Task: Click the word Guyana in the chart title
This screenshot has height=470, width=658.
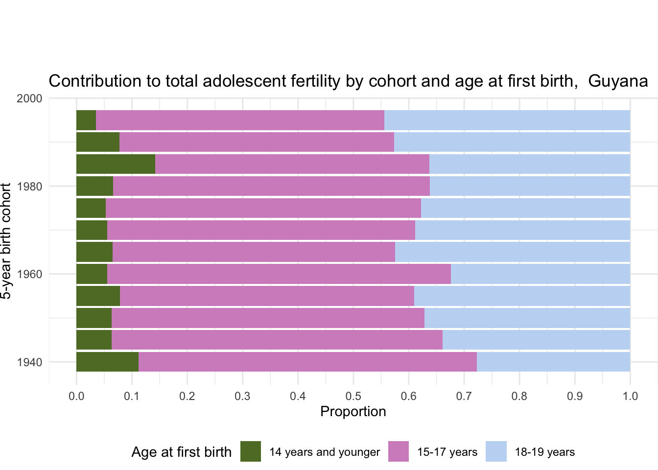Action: click(x=618, y=81)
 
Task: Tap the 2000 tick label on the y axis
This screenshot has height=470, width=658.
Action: click(x=29, y=98)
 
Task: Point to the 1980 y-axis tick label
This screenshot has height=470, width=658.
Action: click(x=29, y=187)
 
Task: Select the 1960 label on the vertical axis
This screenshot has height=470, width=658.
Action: click(x=29, y=275)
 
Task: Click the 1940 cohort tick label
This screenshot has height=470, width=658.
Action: click(x=29, y=363)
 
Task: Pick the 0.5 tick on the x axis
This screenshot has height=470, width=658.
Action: click(x=353, y=396)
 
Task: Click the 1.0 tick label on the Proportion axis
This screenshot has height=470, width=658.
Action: click(x=630, y=396)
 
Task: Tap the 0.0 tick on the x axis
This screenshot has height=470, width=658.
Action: click(x=76, y=396)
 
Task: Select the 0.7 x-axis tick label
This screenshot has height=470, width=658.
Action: click(x=464, y=396)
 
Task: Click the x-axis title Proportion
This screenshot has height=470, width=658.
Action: click(x=353, y=412)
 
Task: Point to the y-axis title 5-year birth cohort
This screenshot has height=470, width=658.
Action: click(x=6, y=241)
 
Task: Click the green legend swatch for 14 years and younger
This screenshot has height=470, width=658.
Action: click(x=251, y=451)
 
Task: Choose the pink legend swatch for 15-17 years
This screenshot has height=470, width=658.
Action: click(x=399, y=451)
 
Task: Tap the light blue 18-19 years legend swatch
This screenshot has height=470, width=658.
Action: click(x=496, y=451)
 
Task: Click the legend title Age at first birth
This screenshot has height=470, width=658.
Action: click(x=181, y=452)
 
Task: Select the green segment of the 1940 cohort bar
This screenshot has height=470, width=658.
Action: click(x=107, y=362)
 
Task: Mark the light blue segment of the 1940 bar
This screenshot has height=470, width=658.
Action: click(x=553, y=362)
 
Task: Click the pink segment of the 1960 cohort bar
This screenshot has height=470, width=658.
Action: click(x=279, y=274)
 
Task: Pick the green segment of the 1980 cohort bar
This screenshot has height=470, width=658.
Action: click(x=94, y=186)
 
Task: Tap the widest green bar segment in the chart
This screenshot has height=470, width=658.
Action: click(x=116, y=164)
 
